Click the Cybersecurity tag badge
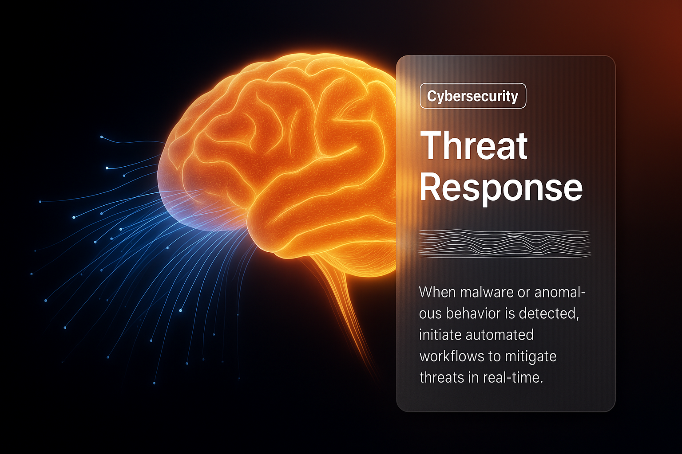pos(472,96)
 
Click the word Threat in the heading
pos(474,146)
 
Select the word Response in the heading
pos(500,188)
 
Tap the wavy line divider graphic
pos(504,243)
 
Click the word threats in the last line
pos(441,378)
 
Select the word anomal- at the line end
pos(560,293)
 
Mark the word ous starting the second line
pos(430,314)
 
